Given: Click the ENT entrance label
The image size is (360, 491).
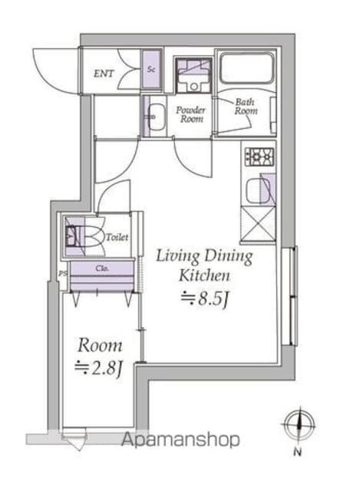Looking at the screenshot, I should point(105,74).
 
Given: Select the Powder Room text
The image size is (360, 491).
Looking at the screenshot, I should point(191,115).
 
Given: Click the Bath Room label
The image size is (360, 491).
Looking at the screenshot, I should point(246,107).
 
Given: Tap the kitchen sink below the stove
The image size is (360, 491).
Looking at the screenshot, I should point(259,189).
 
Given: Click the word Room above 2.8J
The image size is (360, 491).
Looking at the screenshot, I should point(99,345).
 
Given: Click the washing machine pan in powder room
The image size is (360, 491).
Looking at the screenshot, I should point(187,74).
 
